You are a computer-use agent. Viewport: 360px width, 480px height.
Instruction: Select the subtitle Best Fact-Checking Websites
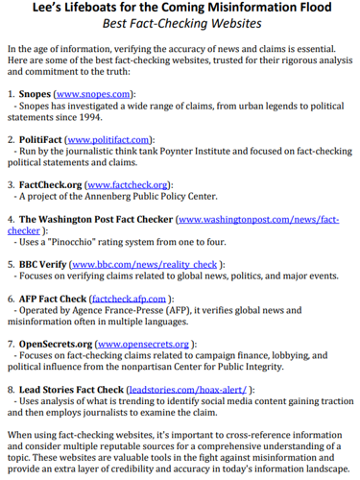tap(180, 26)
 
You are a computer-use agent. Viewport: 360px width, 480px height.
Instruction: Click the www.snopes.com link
tap(105, 94)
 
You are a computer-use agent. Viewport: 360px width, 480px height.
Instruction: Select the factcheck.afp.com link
tap(130, 299)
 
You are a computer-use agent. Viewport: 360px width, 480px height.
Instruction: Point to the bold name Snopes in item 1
tap(37, 94)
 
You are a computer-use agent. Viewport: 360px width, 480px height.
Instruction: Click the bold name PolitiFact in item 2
tap(44, 139)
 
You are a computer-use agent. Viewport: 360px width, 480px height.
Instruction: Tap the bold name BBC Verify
tap(44, 263)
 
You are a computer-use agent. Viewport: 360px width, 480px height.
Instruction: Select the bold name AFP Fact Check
tap(53, 299)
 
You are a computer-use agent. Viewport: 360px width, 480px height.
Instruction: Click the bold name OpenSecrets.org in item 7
tap(56, 343)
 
